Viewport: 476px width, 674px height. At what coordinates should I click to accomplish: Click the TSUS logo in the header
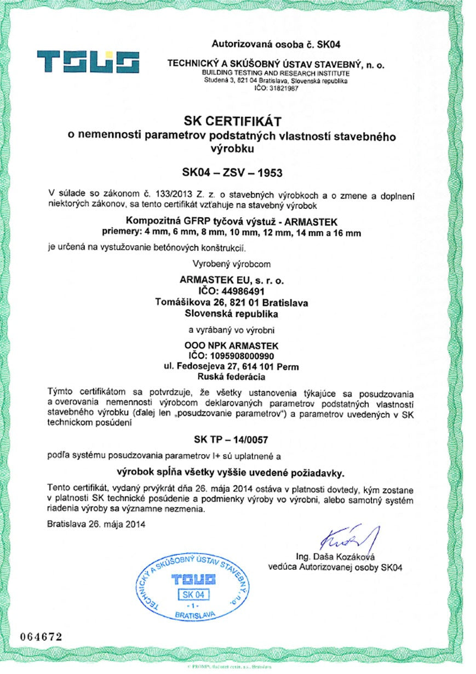coord(88,62)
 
